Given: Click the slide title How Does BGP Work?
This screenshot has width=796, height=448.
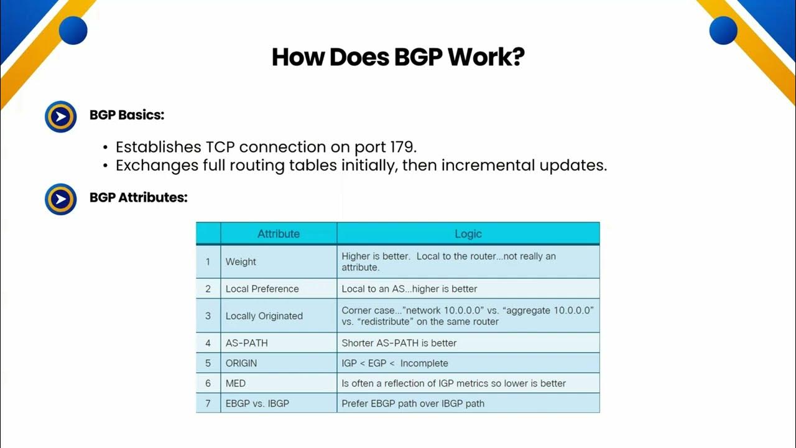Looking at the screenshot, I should (398, 57).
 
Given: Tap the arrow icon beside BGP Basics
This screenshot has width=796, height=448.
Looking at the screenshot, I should (60, 116).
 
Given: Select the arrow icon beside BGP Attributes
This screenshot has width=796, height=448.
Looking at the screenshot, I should (60, 199).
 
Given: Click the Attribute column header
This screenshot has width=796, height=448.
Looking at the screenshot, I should (279, 234).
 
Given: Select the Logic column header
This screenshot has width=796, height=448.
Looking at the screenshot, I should (468, 234).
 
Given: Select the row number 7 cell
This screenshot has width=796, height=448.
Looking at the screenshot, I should (208, 403).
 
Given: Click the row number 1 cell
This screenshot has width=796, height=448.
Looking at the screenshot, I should (208, 262).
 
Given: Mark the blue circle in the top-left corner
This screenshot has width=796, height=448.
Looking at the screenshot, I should (73, 30).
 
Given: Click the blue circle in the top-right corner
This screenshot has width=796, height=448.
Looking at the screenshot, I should (723, 30).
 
